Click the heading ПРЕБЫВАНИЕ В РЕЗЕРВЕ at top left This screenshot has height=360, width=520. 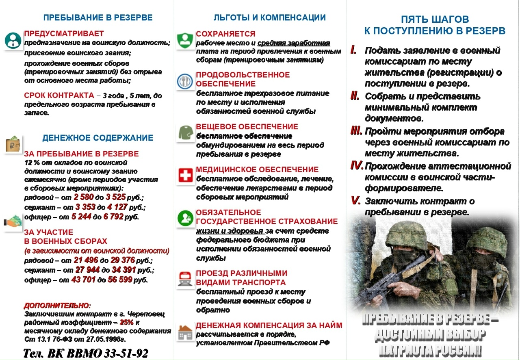(x=98, y=18)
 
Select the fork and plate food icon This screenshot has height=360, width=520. (x=185, y=81)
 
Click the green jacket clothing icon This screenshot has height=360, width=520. (x=185, y=133)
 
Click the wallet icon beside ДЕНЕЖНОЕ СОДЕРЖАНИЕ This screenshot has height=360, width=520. (x=12, y=145)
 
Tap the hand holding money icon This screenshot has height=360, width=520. (x=13, y=222)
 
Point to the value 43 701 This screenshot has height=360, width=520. (x=83, y=280)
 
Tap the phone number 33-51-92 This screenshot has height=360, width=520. (x=126, y=353)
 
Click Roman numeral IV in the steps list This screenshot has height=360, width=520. (x=356, y=166)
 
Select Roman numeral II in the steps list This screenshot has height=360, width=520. (x=355, y=96)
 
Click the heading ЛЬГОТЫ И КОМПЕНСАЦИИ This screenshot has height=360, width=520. (x=269, y=18)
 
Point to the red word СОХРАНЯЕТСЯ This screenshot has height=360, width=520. (x=225, y=34)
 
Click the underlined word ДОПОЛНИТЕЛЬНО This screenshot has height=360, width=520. (x=56, y=305)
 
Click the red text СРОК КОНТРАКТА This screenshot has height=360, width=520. (x=59, y=96)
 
